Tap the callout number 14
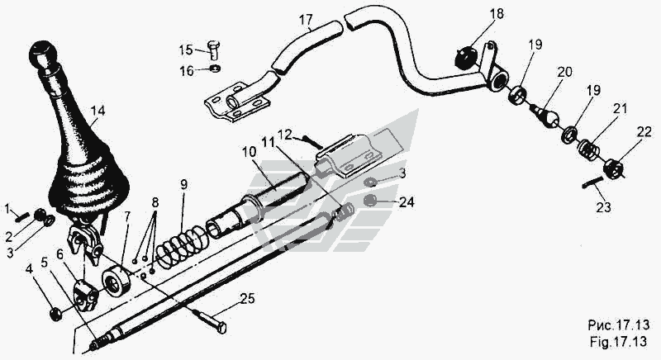[98, 110]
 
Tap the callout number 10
[250, 152]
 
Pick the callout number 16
[188, 71]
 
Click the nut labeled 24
[371, 201]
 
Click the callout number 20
[564, 72]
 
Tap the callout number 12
[284, 133]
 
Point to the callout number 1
[9, 206]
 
